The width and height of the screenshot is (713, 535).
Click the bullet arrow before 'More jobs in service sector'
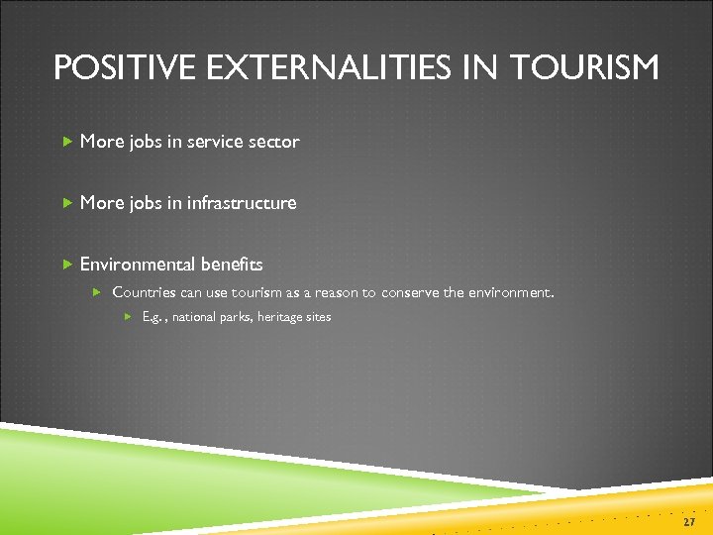click(66, 142)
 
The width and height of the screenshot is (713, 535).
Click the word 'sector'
click(274, 142)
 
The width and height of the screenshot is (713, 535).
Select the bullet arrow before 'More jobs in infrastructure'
click(66, 203)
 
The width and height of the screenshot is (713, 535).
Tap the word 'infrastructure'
click(242, 203)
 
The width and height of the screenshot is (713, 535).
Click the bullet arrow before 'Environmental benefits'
click(66, 265)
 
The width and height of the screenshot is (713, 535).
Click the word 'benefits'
click(231, 265)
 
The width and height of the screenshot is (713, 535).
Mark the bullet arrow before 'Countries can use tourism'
click(97, 293)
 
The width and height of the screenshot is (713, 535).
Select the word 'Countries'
click(144, 293)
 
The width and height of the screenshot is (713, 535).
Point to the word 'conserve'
click(410, 293)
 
